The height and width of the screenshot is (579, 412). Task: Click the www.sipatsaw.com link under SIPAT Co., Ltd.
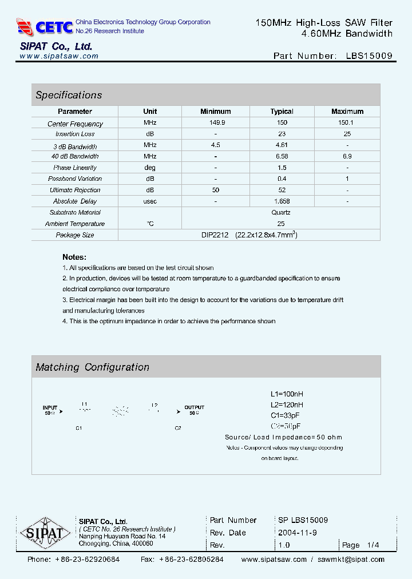59,57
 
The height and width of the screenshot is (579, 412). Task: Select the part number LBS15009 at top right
369,56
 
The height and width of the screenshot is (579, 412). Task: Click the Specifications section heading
69,95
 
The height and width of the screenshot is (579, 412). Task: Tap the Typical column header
282,112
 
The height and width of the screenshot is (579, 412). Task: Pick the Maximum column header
347,112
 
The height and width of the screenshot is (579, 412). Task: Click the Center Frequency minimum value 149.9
216,123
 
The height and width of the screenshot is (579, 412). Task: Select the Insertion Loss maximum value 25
347,134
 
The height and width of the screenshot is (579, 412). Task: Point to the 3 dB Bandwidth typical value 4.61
282,145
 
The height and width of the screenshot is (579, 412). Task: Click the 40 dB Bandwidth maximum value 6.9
347,156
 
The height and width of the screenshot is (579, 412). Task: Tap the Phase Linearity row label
75,168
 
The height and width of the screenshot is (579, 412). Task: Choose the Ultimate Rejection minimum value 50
216,190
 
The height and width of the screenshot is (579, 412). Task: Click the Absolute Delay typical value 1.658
282,201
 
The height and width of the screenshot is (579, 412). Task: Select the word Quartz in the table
281,212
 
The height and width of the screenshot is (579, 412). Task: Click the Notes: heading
74,257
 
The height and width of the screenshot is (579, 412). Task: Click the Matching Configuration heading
92,367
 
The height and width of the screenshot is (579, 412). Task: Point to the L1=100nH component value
287,394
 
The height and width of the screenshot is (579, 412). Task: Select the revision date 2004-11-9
298,533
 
